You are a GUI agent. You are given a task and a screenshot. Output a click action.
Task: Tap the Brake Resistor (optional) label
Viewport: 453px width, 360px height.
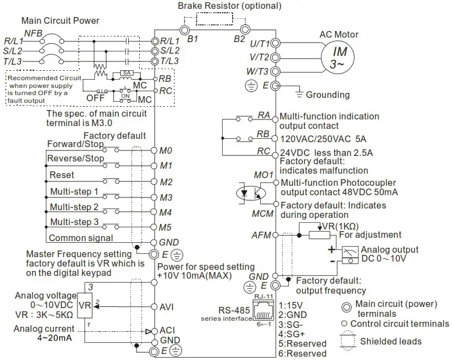coord(229,6)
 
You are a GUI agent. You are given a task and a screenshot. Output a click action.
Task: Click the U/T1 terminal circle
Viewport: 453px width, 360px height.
coord(276,43)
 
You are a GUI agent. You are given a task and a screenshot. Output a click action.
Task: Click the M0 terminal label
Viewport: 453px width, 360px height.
coord(166,150)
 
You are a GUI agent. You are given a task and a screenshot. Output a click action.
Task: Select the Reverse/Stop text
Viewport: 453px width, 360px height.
coord(76,158)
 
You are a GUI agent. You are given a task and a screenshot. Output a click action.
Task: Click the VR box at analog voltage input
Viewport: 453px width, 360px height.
coord(85,305)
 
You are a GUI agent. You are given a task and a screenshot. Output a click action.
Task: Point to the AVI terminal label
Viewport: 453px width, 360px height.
coord(167,306)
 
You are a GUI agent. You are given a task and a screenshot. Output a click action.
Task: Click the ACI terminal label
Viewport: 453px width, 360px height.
coord(167,330)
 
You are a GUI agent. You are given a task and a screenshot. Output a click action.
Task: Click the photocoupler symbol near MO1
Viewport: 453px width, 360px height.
coord(250,194)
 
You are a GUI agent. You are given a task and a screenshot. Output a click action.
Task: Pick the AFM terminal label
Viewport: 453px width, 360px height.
coord(261,235)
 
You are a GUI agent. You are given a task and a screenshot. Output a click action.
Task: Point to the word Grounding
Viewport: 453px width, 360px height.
coord(328,95)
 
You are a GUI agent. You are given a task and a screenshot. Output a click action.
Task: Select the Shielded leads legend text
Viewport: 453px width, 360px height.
coord(392,341)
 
